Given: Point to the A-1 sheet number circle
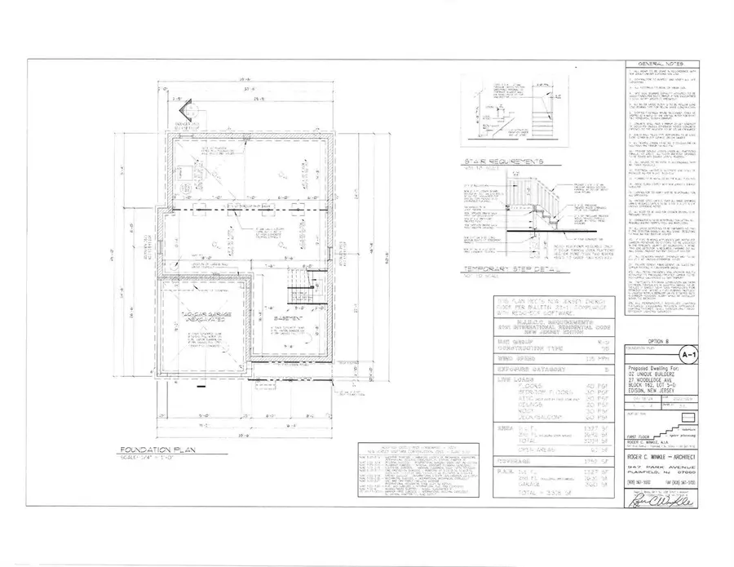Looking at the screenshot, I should (x=692, y=355).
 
